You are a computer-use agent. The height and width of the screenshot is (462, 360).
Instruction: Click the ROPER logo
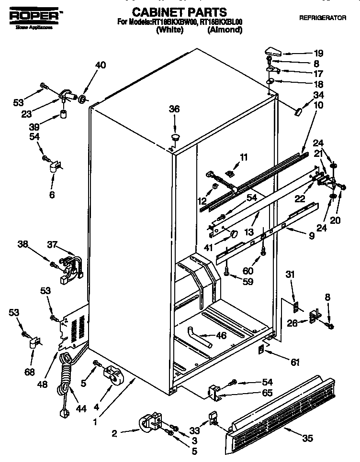point(34,16)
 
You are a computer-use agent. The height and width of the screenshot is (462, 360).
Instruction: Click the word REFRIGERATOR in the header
point(322,18)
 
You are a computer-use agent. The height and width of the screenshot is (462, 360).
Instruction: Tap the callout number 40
point(101,66)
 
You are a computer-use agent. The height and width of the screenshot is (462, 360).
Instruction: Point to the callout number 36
point(174,110)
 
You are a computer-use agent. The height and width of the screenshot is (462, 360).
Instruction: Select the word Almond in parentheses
point(225,30)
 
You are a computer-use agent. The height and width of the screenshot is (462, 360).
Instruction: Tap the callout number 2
point(114,433)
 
